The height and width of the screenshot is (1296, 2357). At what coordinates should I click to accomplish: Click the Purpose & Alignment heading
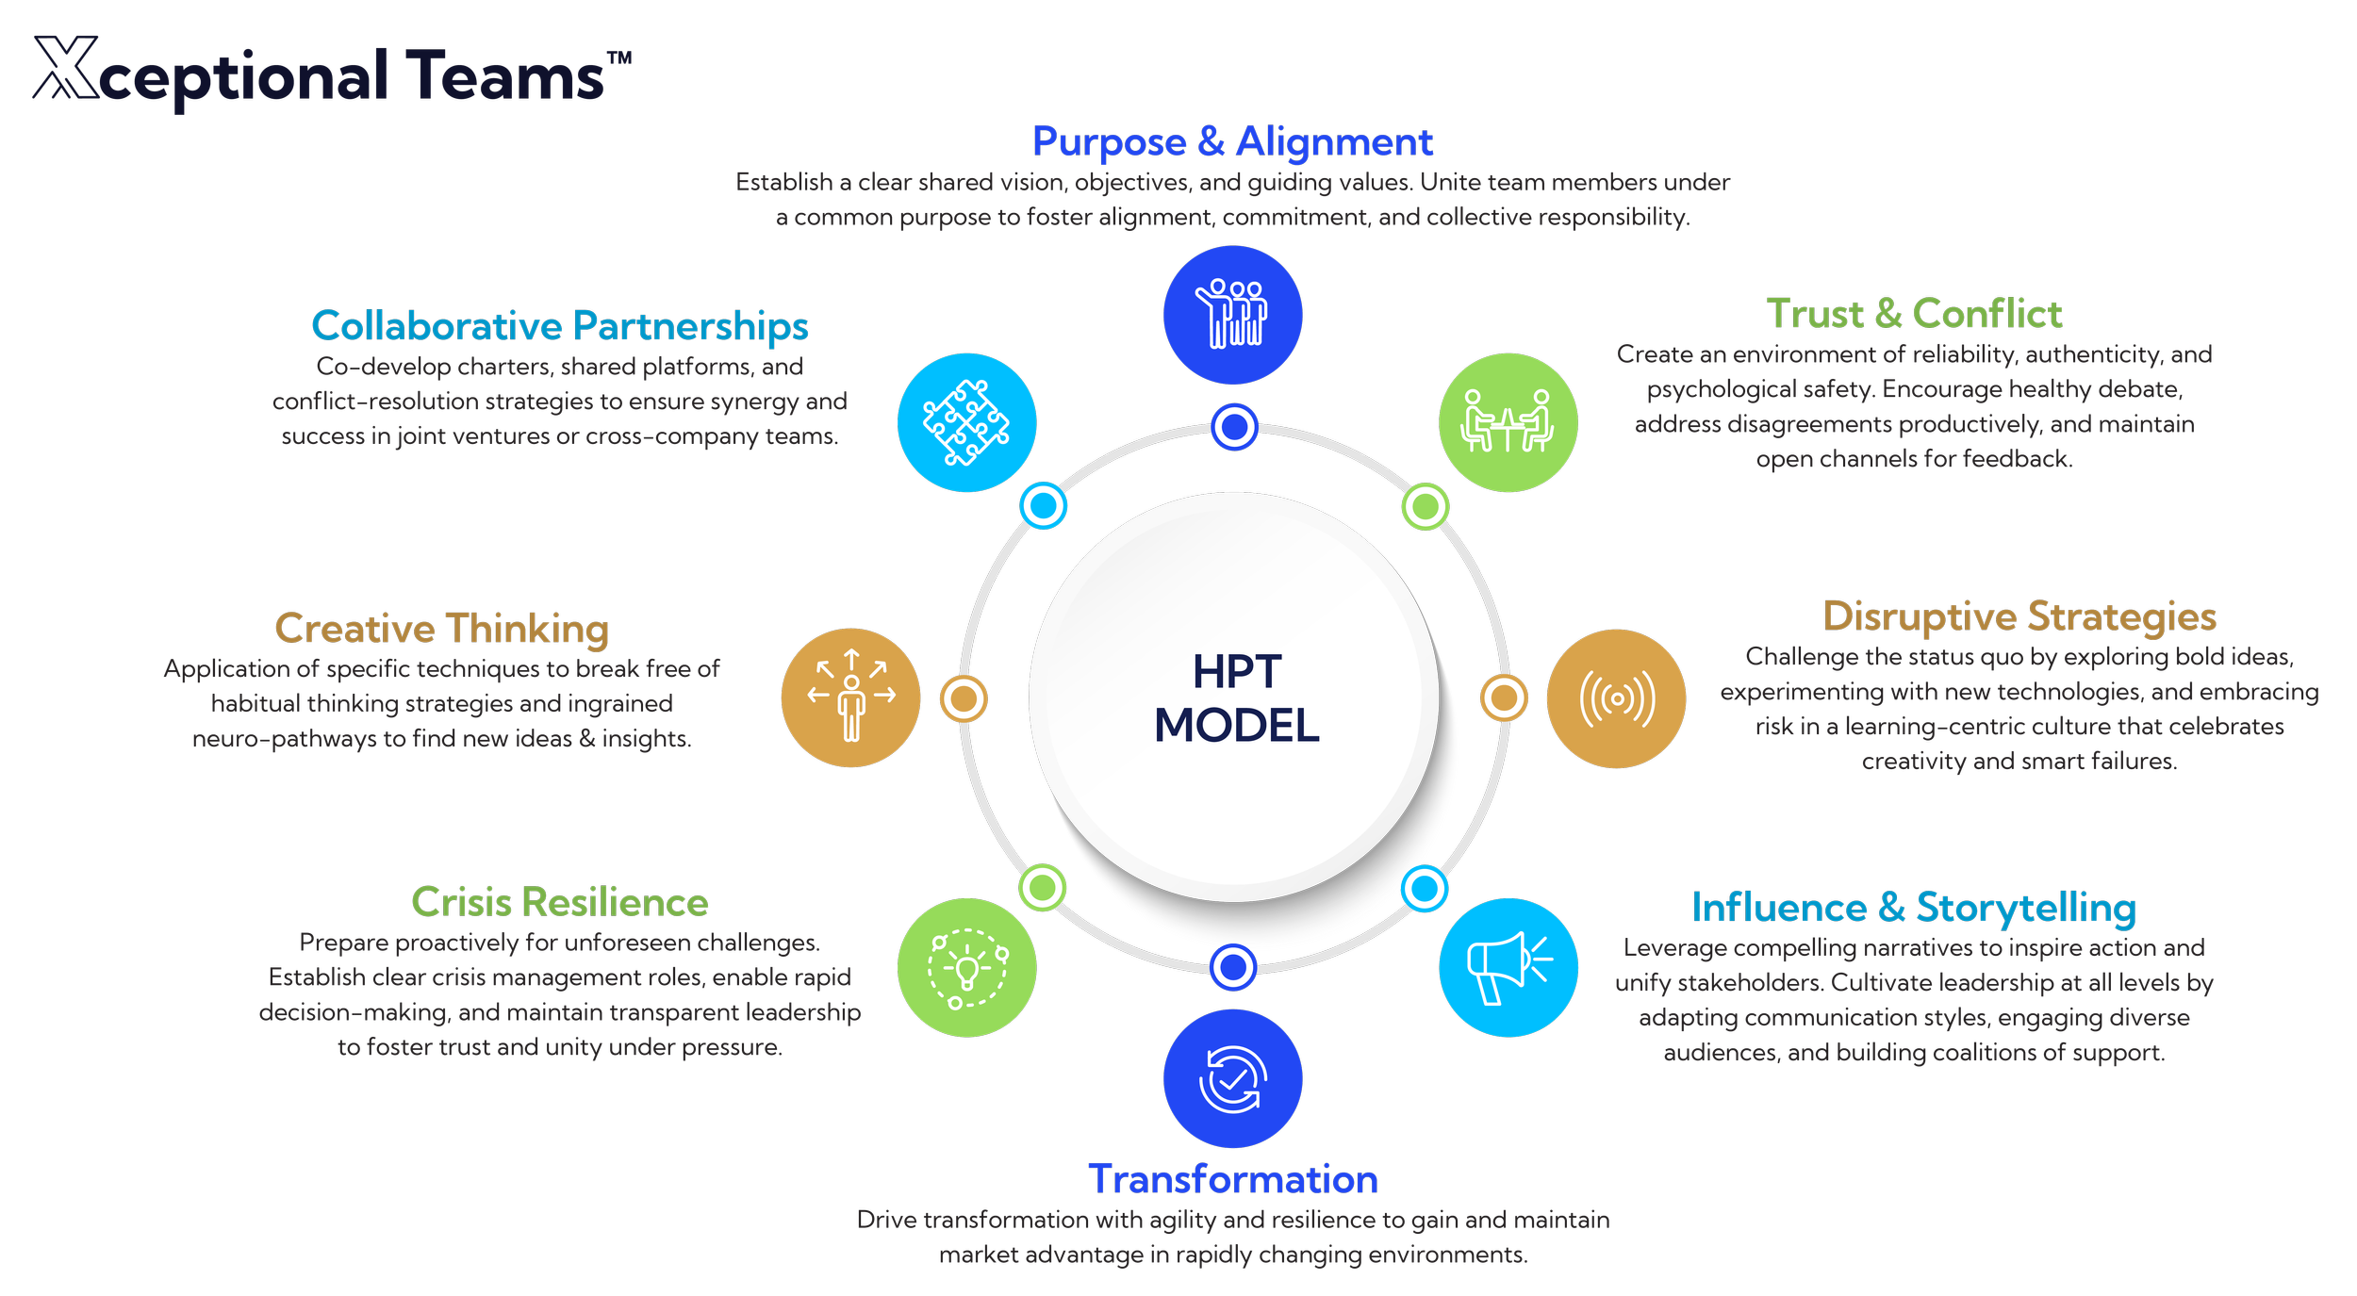(x=1232, y=142)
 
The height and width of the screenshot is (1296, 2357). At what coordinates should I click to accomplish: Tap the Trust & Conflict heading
(x=1914, y=314)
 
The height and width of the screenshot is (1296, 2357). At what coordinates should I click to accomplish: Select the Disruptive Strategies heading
(x=2019, y=616)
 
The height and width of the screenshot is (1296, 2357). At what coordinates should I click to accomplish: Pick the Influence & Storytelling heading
(x=1914, y=908)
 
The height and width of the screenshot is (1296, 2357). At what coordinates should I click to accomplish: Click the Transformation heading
(x=1233, y=1180)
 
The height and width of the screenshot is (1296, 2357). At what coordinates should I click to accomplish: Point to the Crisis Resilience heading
(x=560, y=903)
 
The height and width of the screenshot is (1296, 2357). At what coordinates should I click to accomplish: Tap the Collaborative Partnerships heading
(x=560, y=326)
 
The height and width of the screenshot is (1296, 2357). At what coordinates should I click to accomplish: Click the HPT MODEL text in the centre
(x=1236, y=698)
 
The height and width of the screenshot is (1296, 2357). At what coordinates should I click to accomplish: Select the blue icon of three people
(x=1232, y=315)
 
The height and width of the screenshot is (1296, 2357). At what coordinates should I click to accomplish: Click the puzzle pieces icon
(x=966, y=422)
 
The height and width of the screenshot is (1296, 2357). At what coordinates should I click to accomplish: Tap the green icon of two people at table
(x=1508, y=422)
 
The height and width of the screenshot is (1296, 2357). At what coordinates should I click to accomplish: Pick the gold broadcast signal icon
(x=1616, y=698)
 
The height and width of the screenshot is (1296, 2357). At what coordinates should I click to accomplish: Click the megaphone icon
(x=1508, y=967)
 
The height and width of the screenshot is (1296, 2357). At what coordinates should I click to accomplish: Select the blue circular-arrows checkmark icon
(x=1232, y=1079)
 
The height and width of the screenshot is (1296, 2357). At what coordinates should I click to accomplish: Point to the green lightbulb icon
(x=966, y=967)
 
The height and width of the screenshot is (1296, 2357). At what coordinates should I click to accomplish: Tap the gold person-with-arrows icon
(x=850, y=697)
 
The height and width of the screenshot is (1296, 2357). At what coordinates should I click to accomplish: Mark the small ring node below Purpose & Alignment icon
(x=1234, y=427)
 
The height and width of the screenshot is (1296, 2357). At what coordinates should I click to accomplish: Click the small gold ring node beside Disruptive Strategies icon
(x=1504, y=698)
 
